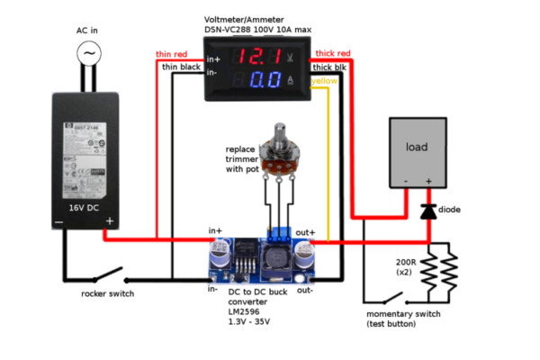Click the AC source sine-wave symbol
point(89,54)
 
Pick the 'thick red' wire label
point(332,54)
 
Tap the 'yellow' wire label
point(325,80)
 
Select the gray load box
point(417,148)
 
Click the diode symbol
point(428,211)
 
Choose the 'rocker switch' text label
point(108,292)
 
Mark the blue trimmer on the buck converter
point(280,233)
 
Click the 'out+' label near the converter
point(306,232)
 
